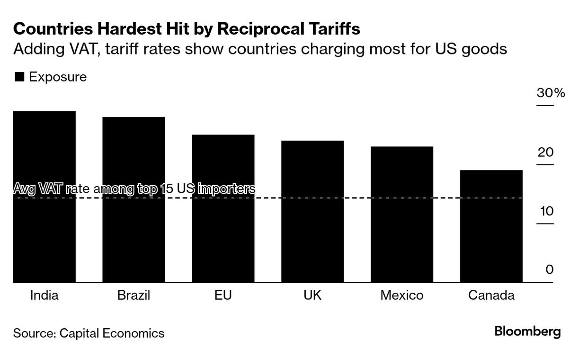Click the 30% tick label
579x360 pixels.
pyautogui.click(x=551, y=93)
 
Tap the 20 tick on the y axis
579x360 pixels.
pyautogui.click(x=546, y=152)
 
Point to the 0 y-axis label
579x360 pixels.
pyautogui.click(x=549, y=270)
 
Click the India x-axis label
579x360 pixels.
pyautogui.click(x=45, y=296)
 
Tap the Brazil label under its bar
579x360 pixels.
pyautogui.click(x=134, y=296)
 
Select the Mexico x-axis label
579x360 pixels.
pyautogui.click(x=401, y=296)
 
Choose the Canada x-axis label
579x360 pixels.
pyautogui.click(x=491, y=296)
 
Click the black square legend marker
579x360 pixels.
pyautogui.click(x=19, y=77)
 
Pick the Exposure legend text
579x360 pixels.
pyautogui.click(x=58, y=77)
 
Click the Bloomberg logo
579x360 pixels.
pyautogui.click(x=527, y=332)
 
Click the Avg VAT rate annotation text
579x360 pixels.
pyautogui.click(x=134, y=189)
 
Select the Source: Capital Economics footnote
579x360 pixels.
pyautogui.click(x=89, y=333)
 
